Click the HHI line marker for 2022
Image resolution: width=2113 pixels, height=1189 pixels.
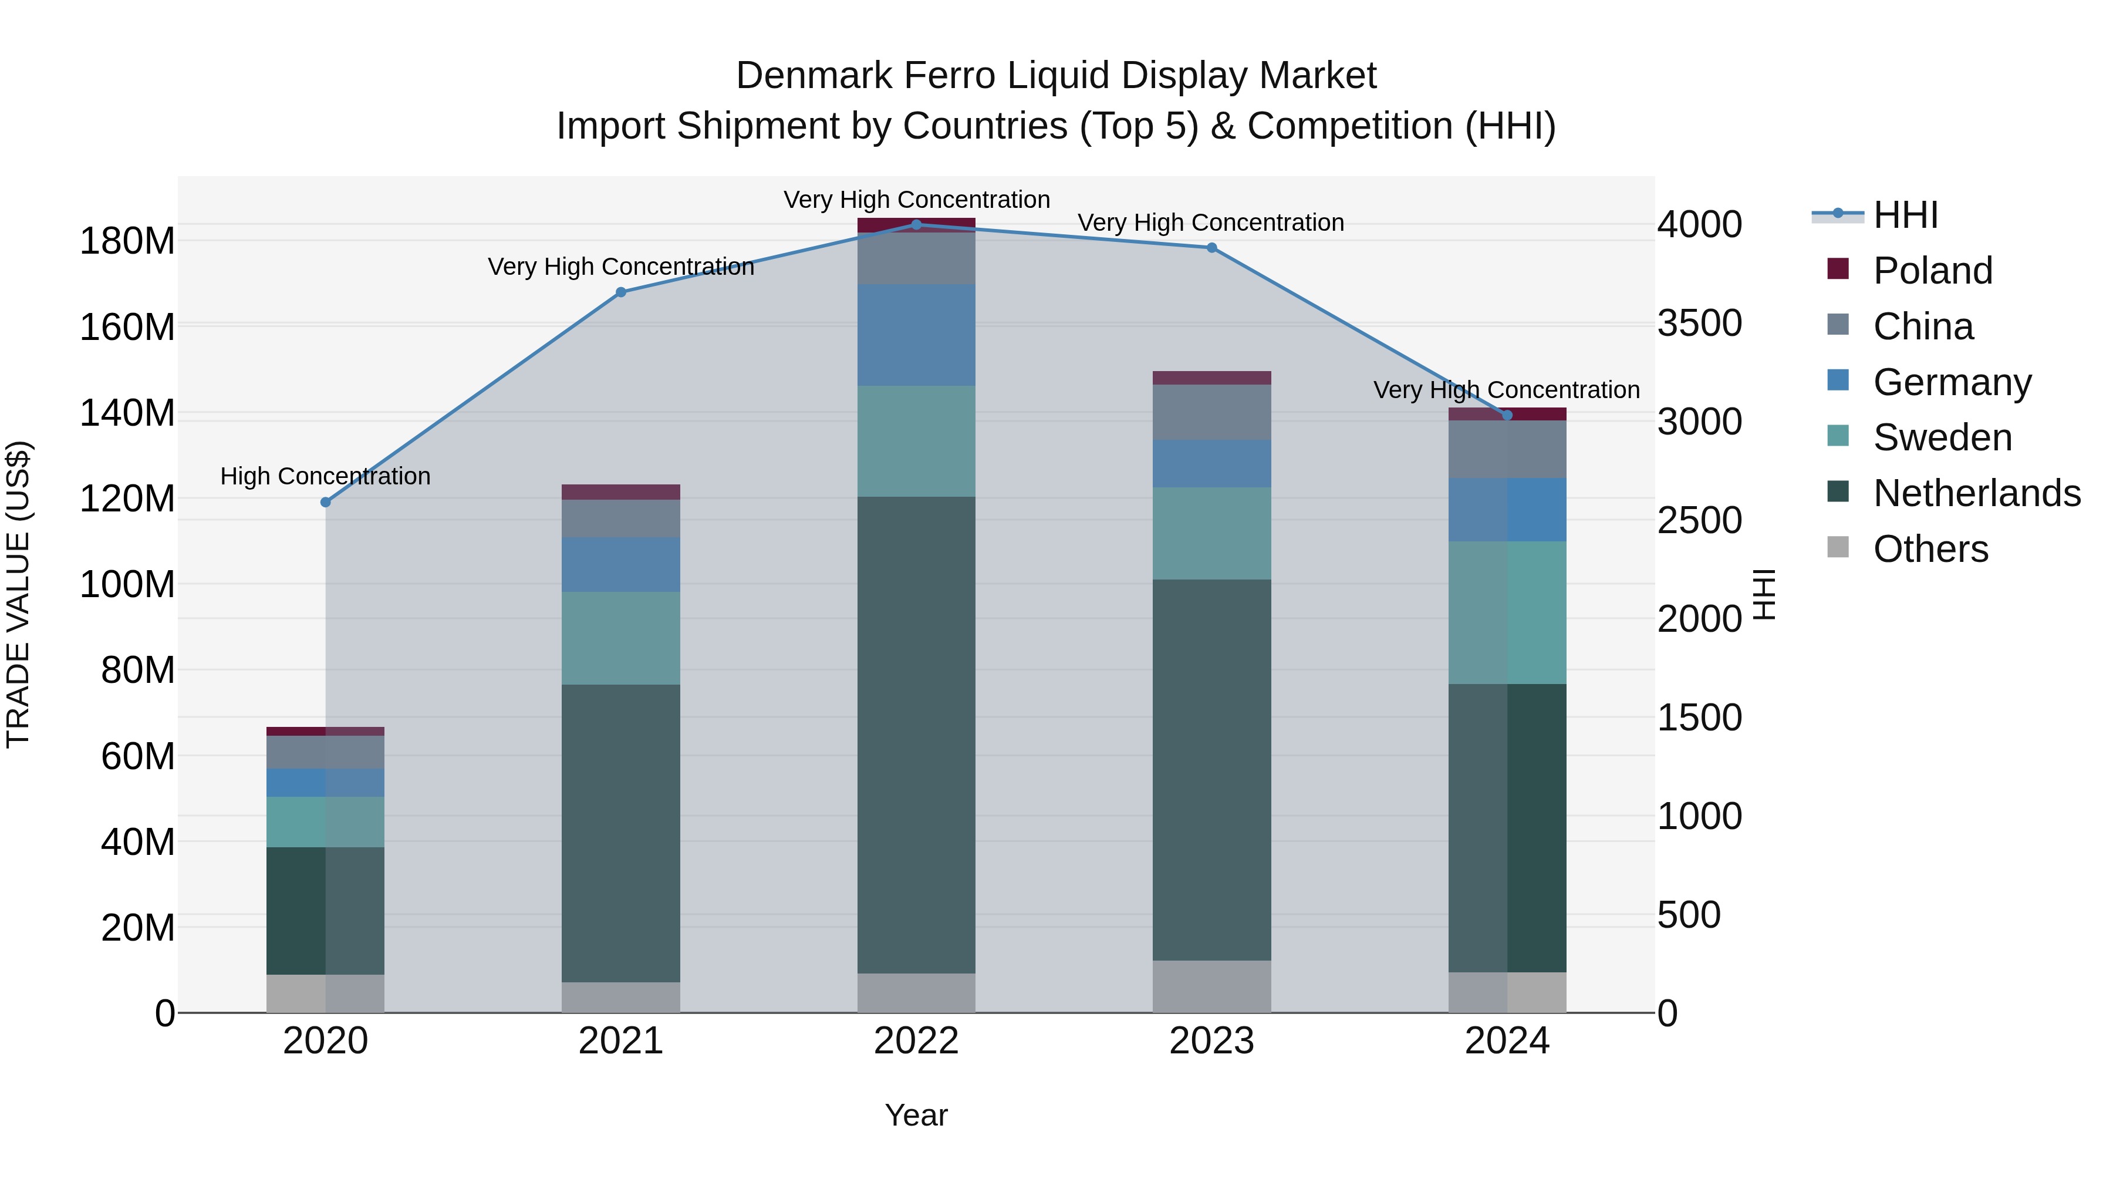(916, 225)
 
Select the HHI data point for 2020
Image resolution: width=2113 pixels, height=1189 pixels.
(326, 502)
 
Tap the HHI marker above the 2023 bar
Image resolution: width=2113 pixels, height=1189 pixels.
(1211, 248)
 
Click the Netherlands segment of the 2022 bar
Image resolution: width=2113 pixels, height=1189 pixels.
(916, 735)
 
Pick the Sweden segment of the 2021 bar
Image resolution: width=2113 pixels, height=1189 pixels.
(621, 638)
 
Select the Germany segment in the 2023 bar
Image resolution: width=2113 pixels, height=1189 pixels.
(1211, 464)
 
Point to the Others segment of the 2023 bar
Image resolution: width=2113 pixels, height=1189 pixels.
(1211, 986)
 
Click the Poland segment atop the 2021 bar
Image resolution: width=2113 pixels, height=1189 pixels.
(621, 493)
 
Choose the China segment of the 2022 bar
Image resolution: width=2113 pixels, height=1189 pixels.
(916, 258)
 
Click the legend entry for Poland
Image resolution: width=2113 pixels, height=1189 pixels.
(1932, 271)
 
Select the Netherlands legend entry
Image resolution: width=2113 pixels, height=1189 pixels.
(1976, 493)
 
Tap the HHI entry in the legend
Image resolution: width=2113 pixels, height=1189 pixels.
(1905, 215)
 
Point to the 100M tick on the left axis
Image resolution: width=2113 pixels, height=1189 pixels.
(127, 585)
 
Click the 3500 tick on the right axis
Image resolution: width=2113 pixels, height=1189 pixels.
(1700, 324)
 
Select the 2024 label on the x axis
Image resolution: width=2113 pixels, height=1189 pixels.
(1507, 1041)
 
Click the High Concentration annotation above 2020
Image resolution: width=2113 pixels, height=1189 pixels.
(326, 476)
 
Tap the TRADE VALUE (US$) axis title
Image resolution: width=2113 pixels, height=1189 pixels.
(18, 595)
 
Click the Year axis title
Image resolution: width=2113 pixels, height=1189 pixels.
(916, 1115)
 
